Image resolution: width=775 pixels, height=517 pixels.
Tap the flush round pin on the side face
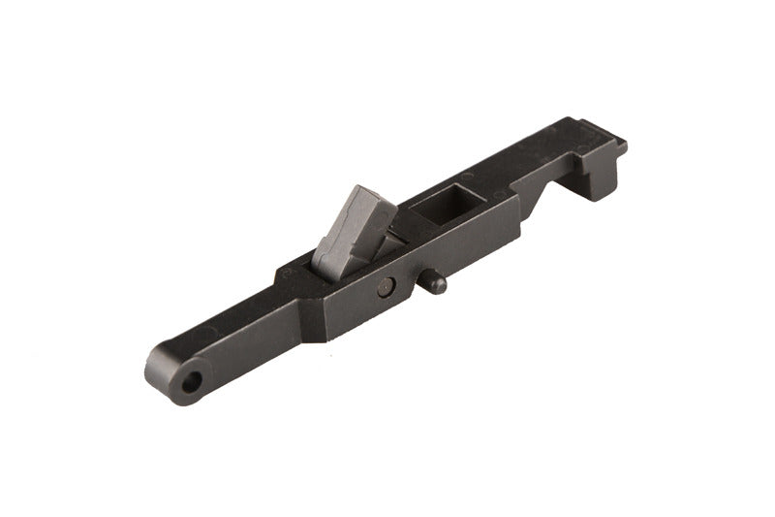pos(386,285)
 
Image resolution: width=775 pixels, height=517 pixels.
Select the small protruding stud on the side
pos(435,283)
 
